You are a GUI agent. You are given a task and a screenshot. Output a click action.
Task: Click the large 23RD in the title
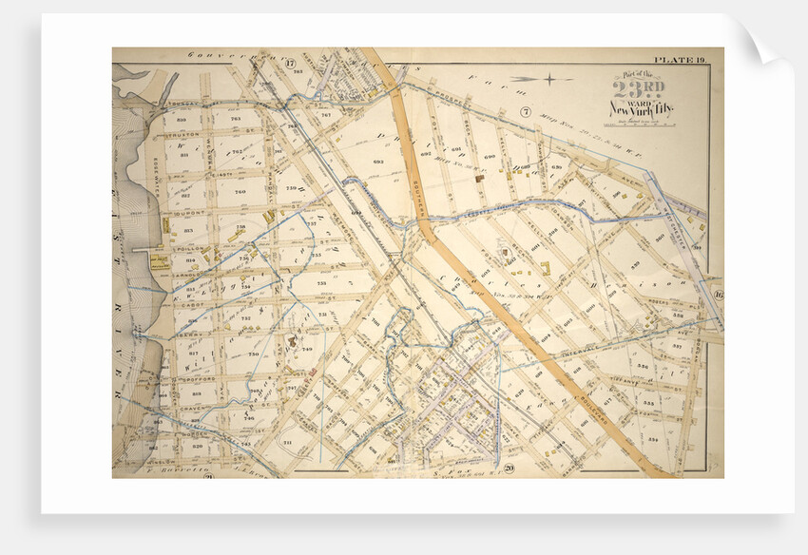(x=632, y=92)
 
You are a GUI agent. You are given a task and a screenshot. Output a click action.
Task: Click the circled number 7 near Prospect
(x=525, y=112)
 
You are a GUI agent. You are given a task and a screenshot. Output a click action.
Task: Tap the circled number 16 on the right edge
(x=718, y=295)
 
